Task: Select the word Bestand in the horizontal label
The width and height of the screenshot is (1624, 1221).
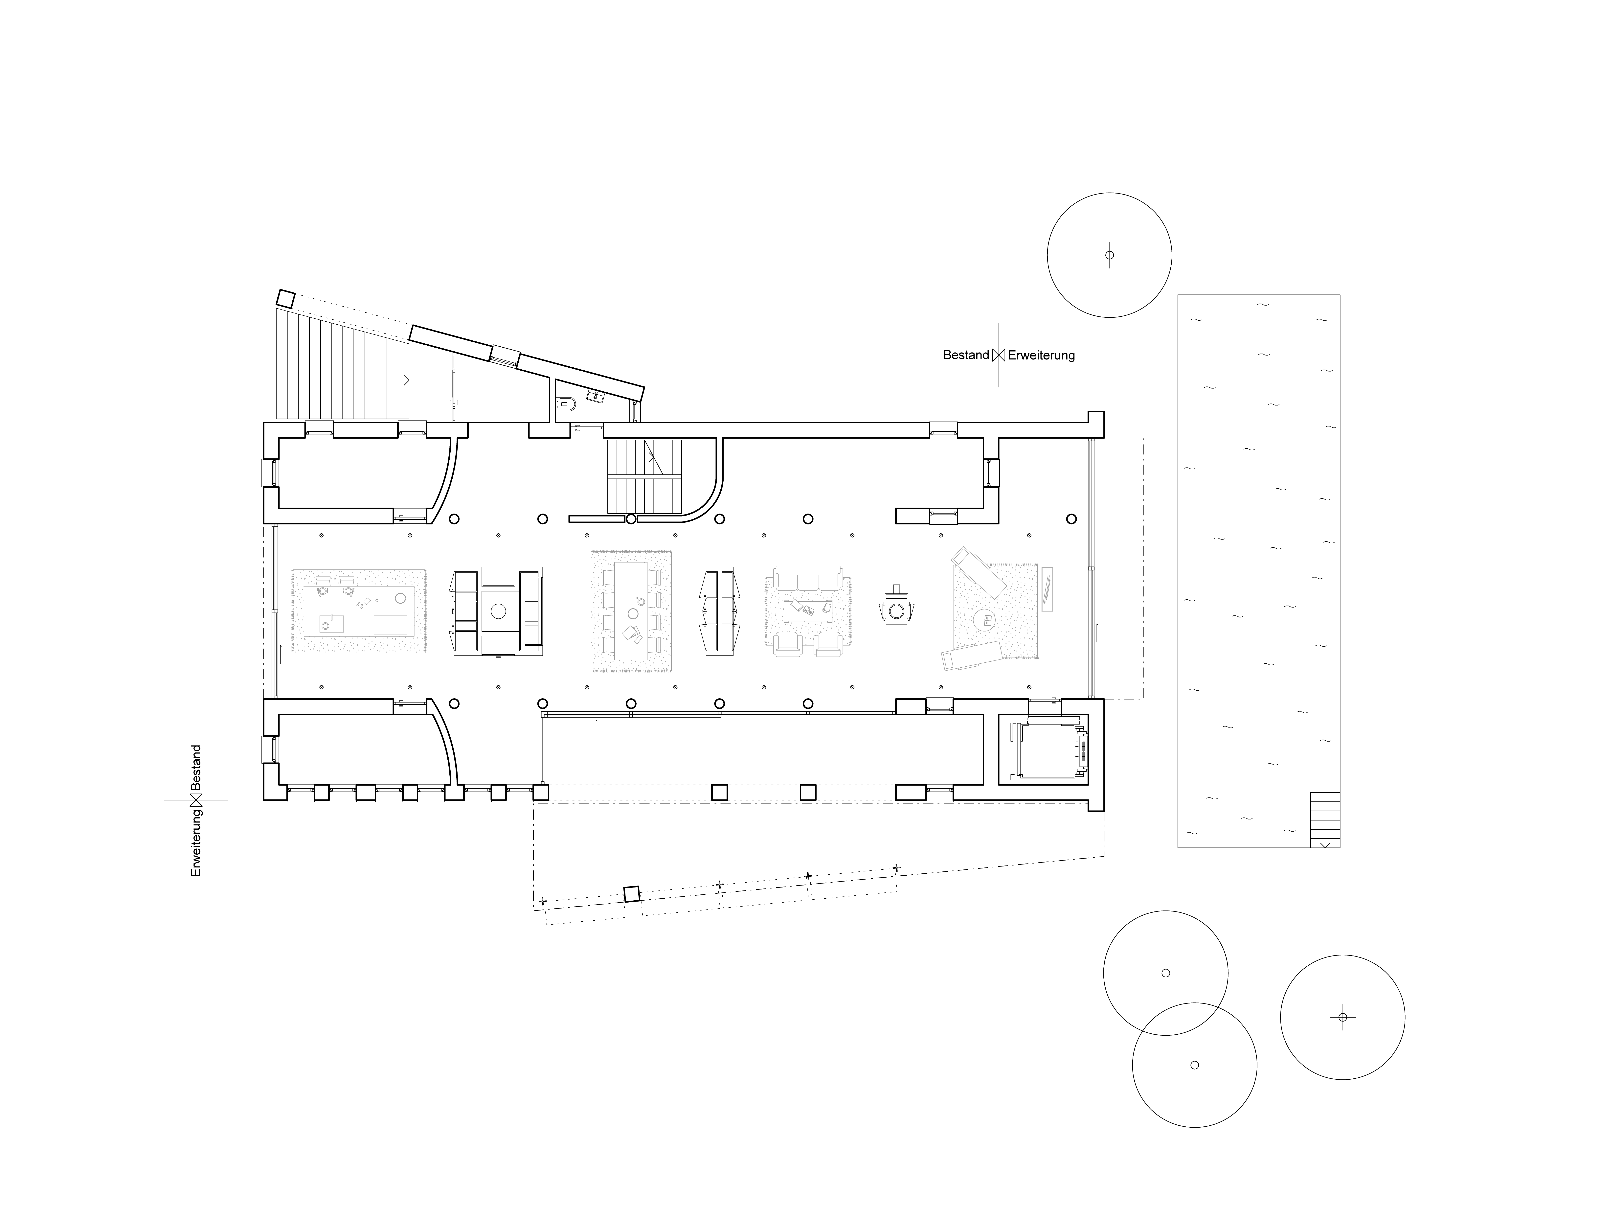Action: click(965, 355)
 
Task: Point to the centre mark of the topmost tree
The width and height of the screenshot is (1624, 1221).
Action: click(1109, 256)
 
